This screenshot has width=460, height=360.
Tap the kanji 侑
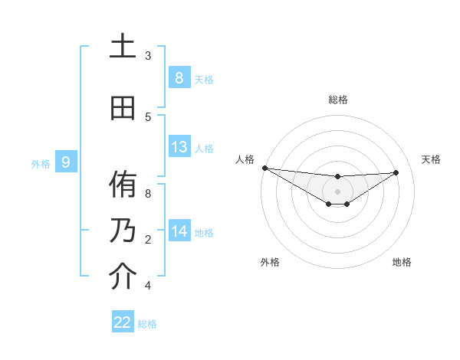[x=123, y=185]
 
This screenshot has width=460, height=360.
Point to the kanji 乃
[x=123, y=230]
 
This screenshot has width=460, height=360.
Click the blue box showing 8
[x=179, y=77]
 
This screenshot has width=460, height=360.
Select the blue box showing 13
[x=179, y=147]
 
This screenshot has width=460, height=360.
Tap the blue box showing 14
[x=179, y=231]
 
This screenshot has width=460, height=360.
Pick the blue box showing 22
[x=123, y=322]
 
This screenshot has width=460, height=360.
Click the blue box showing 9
[x=66, y=162]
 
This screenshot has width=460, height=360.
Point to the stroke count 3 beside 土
[x=148, y=56]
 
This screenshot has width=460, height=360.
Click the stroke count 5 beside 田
[x=148, y=116]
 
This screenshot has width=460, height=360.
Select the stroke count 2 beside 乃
[x=148, y=239]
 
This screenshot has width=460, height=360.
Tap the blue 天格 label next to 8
[x=204, y=79]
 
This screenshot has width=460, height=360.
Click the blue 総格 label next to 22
[x=147, y=324]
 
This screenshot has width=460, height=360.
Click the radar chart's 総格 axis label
[x=337, y=100]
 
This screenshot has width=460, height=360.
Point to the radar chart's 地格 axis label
[x=402, y=262]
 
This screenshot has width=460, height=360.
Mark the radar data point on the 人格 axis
[x=264, y=168]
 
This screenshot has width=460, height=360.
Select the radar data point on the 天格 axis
[x=396, y=172]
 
